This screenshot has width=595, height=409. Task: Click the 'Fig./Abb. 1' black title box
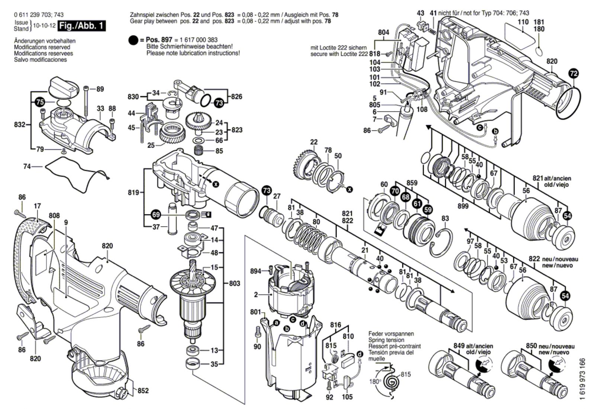(81, 26)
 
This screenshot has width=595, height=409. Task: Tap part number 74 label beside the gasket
(27, 167)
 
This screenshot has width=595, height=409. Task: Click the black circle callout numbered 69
(156, 214)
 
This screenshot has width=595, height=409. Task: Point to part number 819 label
(134, 192)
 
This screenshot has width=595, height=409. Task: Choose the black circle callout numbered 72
(574, 74)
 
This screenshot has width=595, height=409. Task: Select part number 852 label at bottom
(143, 391)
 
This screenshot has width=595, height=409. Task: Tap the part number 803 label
(235, 283)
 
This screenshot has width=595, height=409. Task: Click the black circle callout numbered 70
(395, 191)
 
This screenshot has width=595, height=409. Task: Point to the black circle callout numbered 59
(428, 210)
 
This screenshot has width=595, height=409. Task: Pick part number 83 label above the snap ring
(445, 218)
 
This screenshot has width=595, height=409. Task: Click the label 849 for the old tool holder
(459, 346)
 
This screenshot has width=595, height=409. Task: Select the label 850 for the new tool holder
(531, 346)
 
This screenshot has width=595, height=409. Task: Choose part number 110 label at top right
(523, 22)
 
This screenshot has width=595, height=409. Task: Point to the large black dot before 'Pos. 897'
(133, 41)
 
